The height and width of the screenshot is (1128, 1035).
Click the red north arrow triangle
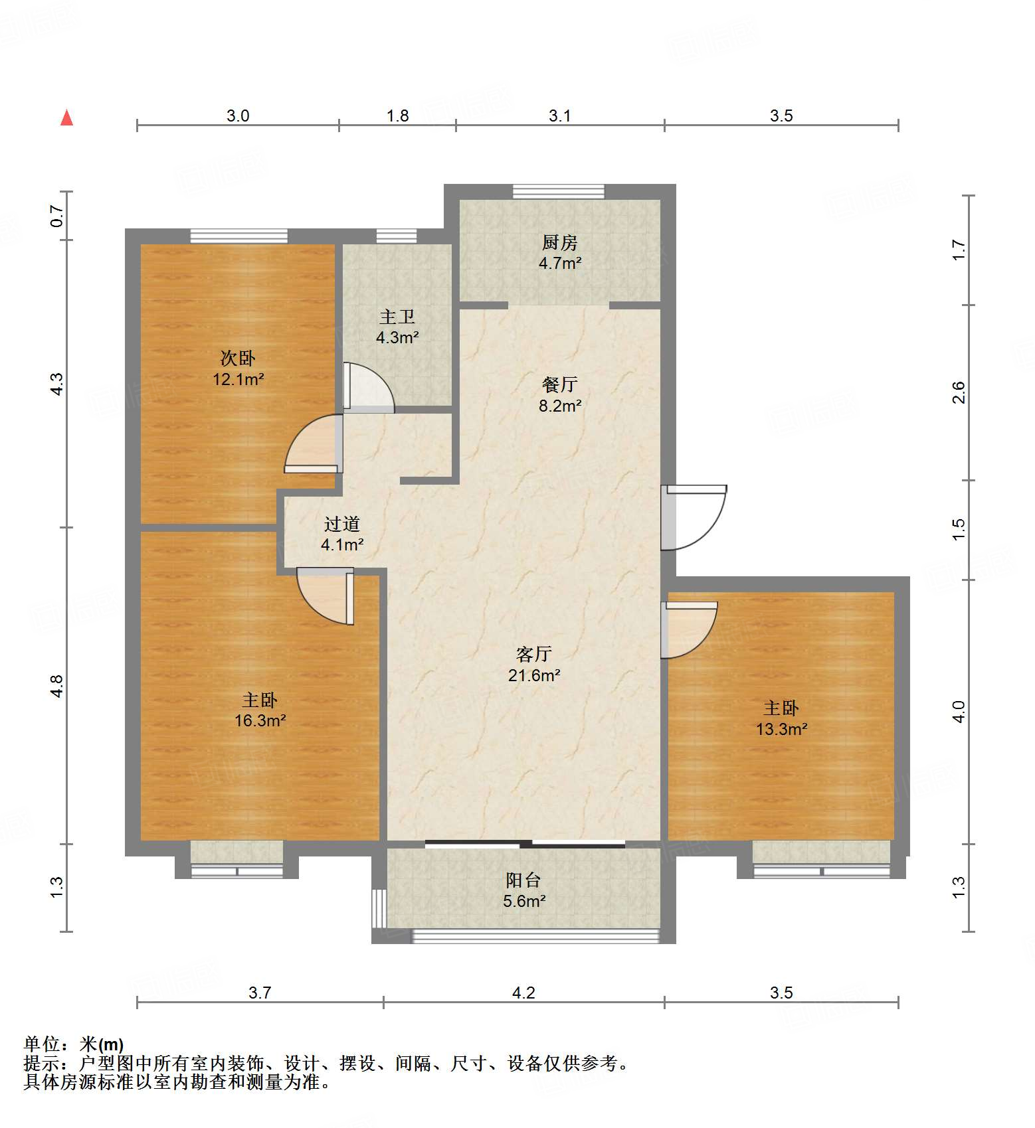tap(66, 118)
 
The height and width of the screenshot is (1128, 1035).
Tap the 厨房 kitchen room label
tap(559, 243)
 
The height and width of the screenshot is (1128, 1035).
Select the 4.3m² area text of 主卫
tap(397, 337)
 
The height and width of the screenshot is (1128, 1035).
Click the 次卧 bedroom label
tap(238, 359)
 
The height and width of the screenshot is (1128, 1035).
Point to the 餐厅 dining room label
tap(559, 384)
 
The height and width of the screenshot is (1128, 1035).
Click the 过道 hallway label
tap(342, 524)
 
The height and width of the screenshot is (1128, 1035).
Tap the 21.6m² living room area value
tap(534, 675)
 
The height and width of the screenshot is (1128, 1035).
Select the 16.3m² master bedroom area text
tap(260, 720)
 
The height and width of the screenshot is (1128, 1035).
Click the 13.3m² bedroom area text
tap(781, 729)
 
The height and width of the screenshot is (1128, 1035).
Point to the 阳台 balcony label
tap(523, 880)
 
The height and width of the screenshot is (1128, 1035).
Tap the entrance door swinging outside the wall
tap(694, 518)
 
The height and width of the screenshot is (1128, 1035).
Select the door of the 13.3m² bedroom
tap(690, 629)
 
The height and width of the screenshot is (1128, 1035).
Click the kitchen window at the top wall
tap(559, 191)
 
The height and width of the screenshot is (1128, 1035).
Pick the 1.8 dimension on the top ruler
tap(397, 116)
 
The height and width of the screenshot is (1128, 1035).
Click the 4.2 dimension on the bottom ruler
tap(523, 993)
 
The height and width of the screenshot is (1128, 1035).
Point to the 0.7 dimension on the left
tap(57, 216)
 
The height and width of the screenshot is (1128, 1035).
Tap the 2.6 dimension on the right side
tap(958, 392)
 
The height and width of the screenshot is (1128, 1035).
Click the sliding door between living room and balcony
tap(525, 845)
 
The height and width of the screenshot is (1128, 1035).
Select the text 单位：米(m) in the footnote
tap(74, 1044)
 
